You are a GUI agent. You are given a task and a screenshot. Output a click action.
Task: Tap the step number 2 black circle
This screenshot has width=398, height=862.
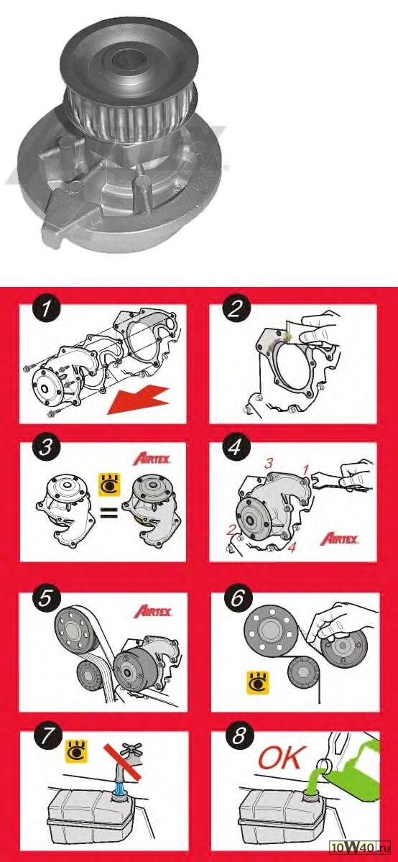(x=233, y=310)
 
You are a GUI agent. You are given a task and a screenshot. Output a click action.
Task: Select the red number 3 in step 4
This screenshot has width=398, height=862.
(x=268, y=464)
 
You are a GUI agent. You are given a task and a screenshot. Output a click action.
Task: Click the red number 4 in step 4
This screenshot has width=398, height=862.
(x=292, y=547)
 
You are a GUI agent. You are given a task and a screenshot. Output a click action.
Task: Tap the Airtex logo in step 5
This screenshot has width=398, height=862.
(x=152, y=612)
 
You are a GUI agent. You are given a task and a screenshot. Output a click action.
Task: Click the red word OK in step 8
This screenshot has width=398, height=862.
(x=279, y=759)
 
